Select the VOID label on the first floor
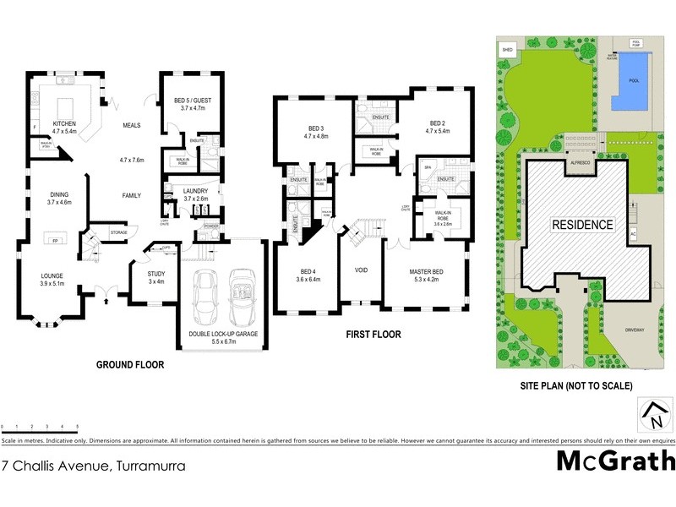(361, 270)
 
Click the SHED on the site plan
(508, 50)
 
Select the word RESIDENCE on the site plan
(582, 226)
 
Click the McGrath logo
(616, 461)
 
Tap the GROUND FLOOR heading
(129, 365)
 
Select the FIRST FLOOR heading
(373, 335)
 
